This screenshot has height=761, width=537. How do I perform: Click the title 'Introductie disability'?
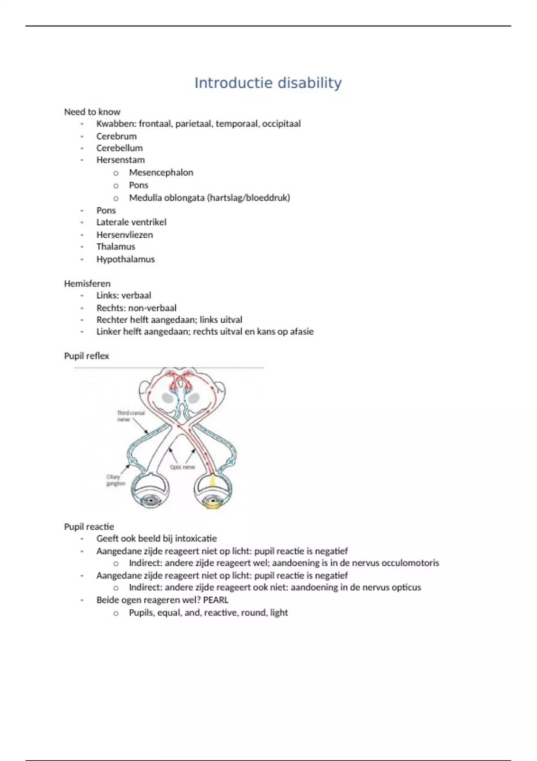click(x=268, y=83)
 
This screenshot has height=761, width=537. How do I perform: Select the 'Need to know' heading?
click(x=92, y=112)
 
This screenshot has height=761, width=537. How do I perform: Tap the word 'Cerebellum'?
click(x=119, y=148)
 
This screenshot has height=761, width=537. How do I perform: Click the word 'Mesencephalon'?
click(x=161, y=172)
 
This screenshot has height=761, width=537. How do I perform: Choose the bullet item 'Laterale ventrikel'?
click(x=131, y=222)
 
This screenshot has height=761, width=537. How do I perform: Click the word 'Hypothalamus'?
click(x=125, y=259)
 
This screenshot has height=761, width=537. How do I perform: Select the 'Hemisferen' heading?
click(x=87, y=283)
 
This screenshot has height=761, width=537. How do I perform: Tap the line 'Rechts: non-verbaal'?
click(x=136, y=308)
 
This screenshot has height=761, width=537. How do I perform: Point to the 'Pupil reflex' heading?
click(x=86, y=356)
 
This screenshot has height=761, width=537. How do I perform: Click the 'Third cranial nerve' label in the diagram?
click(x=131, y=416)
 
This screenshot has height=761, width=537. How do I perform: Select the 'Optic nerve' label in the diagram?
click(x=182, y=467)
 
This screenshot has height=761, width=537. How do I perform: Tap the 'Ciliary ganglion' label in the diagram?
click(x=115, y=480)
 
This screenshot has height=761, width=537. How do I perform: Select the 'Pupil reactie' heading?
click(x=89, y=526)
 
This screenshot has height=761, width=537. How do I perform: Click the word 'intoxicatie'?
click(x=196, y=539)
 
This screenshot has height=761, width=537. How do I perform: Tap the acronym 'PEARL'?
click(x=216, y=600)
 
